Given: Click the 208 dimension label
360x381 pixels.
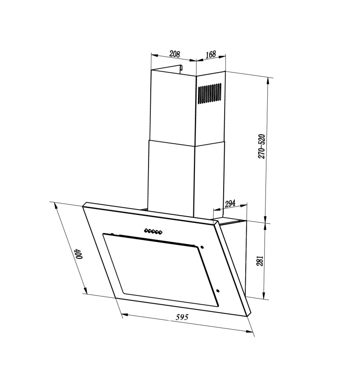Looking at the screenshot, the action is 175,54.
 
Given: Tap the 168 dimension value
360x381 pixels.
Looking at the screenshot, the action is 211,54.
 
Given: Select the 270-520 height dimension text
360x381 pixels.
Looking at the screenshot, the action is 261,146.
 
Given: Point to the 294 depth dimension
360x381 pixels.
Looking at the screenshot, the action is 230,204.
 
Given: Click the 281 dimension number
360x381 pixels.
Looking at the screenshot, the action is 260,261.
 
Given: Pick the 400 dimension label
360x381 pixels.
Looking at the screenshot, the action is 79,254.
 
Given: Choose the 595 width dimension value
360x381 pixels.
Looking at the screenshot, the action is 182,317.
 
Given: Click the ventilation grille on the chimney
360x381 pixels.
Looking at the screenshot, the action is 210,93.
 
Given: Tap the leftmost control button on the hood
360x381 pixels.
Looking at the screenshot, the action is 146,230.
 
